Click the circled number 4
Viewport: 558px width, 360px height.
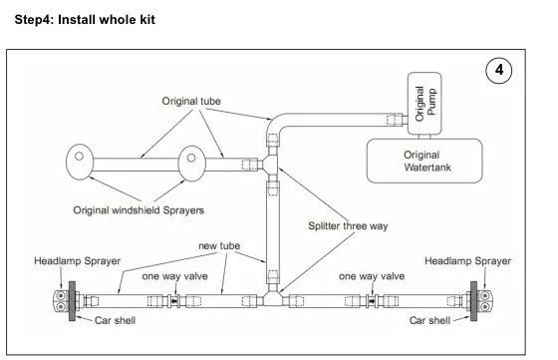(499, 70)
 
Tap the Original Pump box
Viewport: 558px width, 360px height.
(424, 104)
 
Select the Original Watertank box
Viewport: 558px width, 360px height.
(424, 161)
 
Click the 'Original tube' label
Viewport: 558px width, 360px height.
(191, 101)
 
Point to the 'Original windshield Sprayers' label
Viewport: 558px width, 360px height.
(139, 210)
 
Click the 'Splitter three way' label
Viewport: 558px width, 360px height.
(348, 225)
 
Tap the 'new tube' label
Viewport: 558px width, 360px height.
(219, 245)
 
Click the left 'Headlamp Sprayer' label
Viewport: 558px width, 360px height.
(78, 261)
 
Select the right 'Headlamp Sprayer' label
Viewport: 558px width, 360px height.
(467, 261)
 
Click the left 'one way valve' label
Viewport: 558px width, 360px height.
(174, 276)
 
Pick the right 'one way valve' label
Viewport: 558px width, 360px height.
(372, 276)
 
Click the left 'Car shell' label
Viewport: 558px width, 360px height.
(115, 320)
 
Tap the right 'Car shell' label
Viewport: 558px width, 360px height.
(429, 320)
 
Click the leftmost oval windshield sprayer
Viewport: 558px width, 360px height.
(80, 162)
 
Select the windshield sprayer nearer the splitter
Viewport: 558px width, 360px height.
(191, 164)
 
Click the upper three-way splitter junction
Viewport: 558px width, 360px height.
(272, 165)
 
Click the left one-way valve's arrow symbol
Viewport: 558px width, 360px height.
(174, 301)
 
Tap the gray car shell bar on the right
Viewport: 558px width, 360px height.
(473, 301)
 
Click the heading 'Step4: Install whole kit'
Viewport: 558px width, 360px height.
(85, 20)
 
